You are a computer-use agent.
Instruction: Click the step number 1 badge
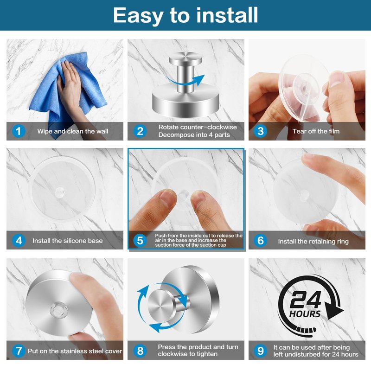coord(19,131)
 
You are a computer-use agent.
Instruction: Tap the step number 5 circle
coord(140,240)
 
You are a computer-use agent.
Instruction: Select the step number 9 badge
coord(261,351)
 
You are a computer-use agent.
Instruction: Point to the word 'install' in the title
coord(227,15)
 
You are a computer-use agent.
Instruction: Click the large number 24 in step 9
coord(306,300)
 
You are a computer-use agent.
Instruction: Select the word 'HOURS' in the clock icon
coord(305,314)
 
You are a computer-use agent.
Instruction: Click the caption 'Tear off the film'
coord(316,131)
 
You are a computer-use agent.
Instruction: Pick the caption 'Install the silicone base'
coord(67,241)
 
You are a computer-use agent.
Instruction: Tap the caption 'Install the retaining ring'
coord(313,241)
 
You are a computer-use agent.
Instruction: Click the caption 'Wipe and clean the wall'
coord(73,131)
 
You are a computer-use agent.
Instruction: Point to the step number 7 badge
coord(19,351)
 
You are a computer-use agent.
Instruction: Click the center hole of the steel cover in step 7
coord(58,310)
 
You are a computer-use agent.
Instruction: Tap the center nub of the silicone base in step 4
coord(59,192)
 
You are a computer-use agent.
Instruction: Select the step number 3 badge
coord(261,131)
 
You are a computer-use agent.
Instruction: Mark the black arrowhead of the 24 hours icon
coord(333,310)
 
